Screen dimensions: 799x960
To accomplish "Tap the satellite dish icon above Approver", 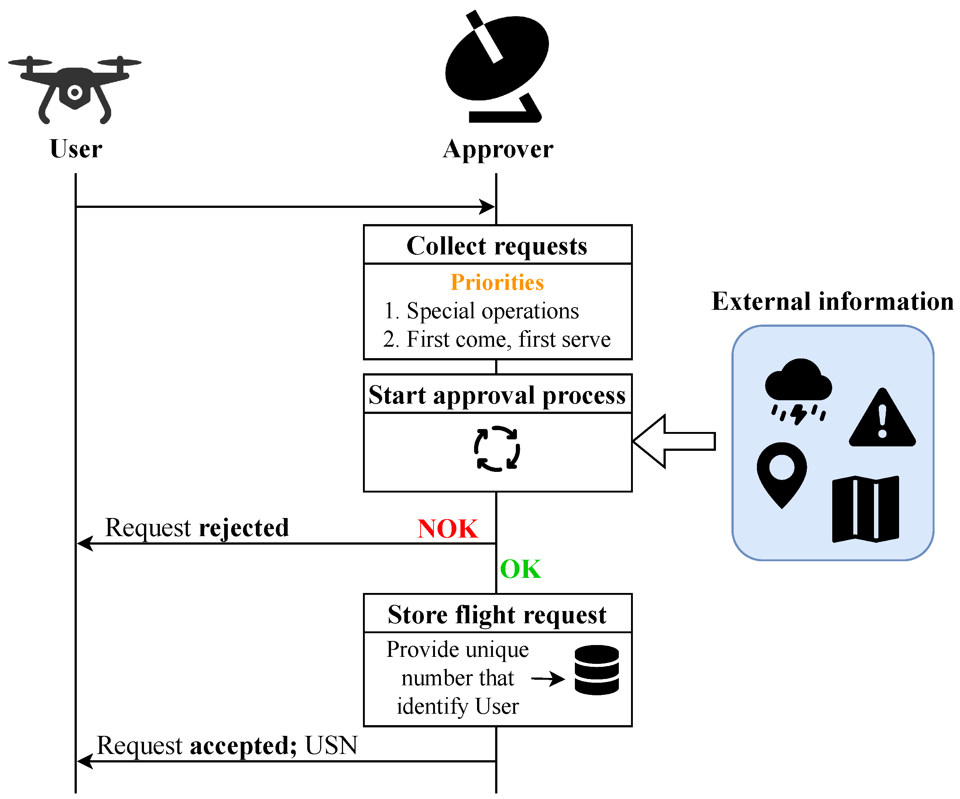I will coord(497,66).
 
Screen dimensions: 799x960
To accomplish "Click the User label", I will coord(76,149).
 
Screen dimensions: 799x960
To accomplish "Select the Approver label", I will coord(498,150).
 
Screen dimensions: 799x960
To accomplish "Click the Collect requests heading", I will coord(497,246).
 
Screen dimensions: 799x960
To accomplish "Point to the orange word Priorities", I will coord(497,282).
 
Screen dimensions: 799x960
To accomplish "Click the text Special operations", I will coord(492,311).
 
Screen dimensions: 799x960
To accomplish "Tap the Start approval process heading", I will coord(497,395).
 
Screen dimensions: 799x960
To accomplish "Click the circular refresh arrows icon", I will coord(497,449).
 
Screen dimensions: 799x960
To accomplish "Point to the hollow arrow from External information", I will coord(674,442).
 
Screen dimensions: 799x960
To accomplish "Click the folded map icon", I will coord(865,509).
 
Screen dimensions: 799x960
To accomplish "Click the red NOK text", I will coord(448,529).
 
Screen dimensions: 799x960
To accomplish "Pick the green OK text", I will coord(520,569).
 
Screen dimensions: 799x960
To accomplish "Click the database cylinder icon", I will coord(597,670).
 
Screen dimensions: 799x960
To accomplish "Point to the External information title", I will coord(832,302).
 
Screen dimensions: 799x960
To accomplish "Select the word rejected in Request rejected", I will coord(244,528).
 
